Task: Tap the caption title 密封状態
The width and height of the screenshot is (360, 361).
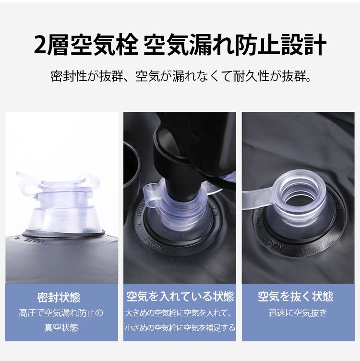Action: [59, 297]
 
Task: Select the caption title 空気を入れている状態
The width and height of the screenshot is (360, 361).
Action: [180, 296]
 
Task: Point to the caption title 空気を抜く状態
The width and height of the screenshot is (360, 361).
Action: [296, 296]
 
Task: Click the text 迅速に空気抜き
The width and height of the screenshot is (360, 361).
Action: [298, 313]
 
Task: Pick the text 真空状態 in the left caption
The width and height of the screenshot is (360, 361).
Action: [61, 327]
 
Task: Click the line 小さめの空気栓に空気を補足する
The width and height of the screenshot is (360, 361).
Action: [180, 327]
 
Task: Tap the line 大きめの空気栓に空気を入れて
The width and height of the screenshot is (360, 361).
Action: [177, 313]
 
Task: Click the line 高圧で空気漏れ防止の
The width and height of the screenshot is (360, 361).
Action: [61, 313]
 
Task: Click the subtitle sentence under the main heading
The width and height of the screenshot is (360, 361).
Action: [181, 76]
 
